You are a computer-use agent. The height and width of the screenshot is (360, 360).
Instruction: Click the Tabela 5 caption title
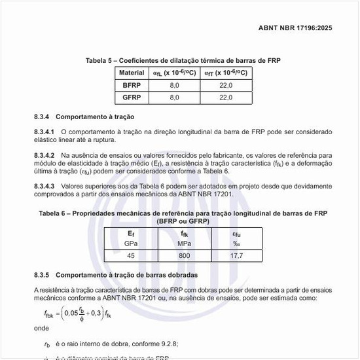(x=183, y=60)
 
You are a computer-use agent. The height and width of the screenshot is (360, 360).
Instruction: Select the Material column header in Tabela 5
(x=131, y=73)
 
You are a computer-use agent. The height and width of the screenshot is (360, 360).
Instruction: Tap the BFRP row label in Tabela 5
(x=131, y=85)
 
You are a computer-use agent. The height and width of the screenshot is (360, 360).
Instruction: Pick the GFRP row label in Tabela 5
(x=131, y=97)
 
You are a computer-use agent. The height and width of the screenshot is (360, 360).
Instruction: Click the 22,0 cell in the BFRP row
(x=225, y=85)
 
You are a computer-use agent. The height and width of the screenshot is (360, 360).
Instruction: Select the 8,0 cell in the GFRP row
(x=174, y=97)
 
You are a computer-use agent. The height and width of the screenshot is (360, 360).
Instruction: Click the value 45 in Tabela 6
(x=131, y=255)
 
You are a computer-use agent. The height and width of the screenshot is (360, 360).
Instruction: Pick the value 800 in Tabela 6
(x=185, y=255)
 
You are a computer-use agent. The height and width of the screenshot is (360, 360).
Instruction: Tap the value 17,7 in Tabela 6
(x=236, y=255)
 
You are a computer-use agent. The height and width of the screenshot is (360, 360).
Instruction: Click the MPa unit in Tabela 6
(x=185, y=243)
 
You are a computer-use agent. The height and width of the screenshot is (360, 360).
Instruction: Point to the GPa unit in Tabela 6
(x=131, y=243)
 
